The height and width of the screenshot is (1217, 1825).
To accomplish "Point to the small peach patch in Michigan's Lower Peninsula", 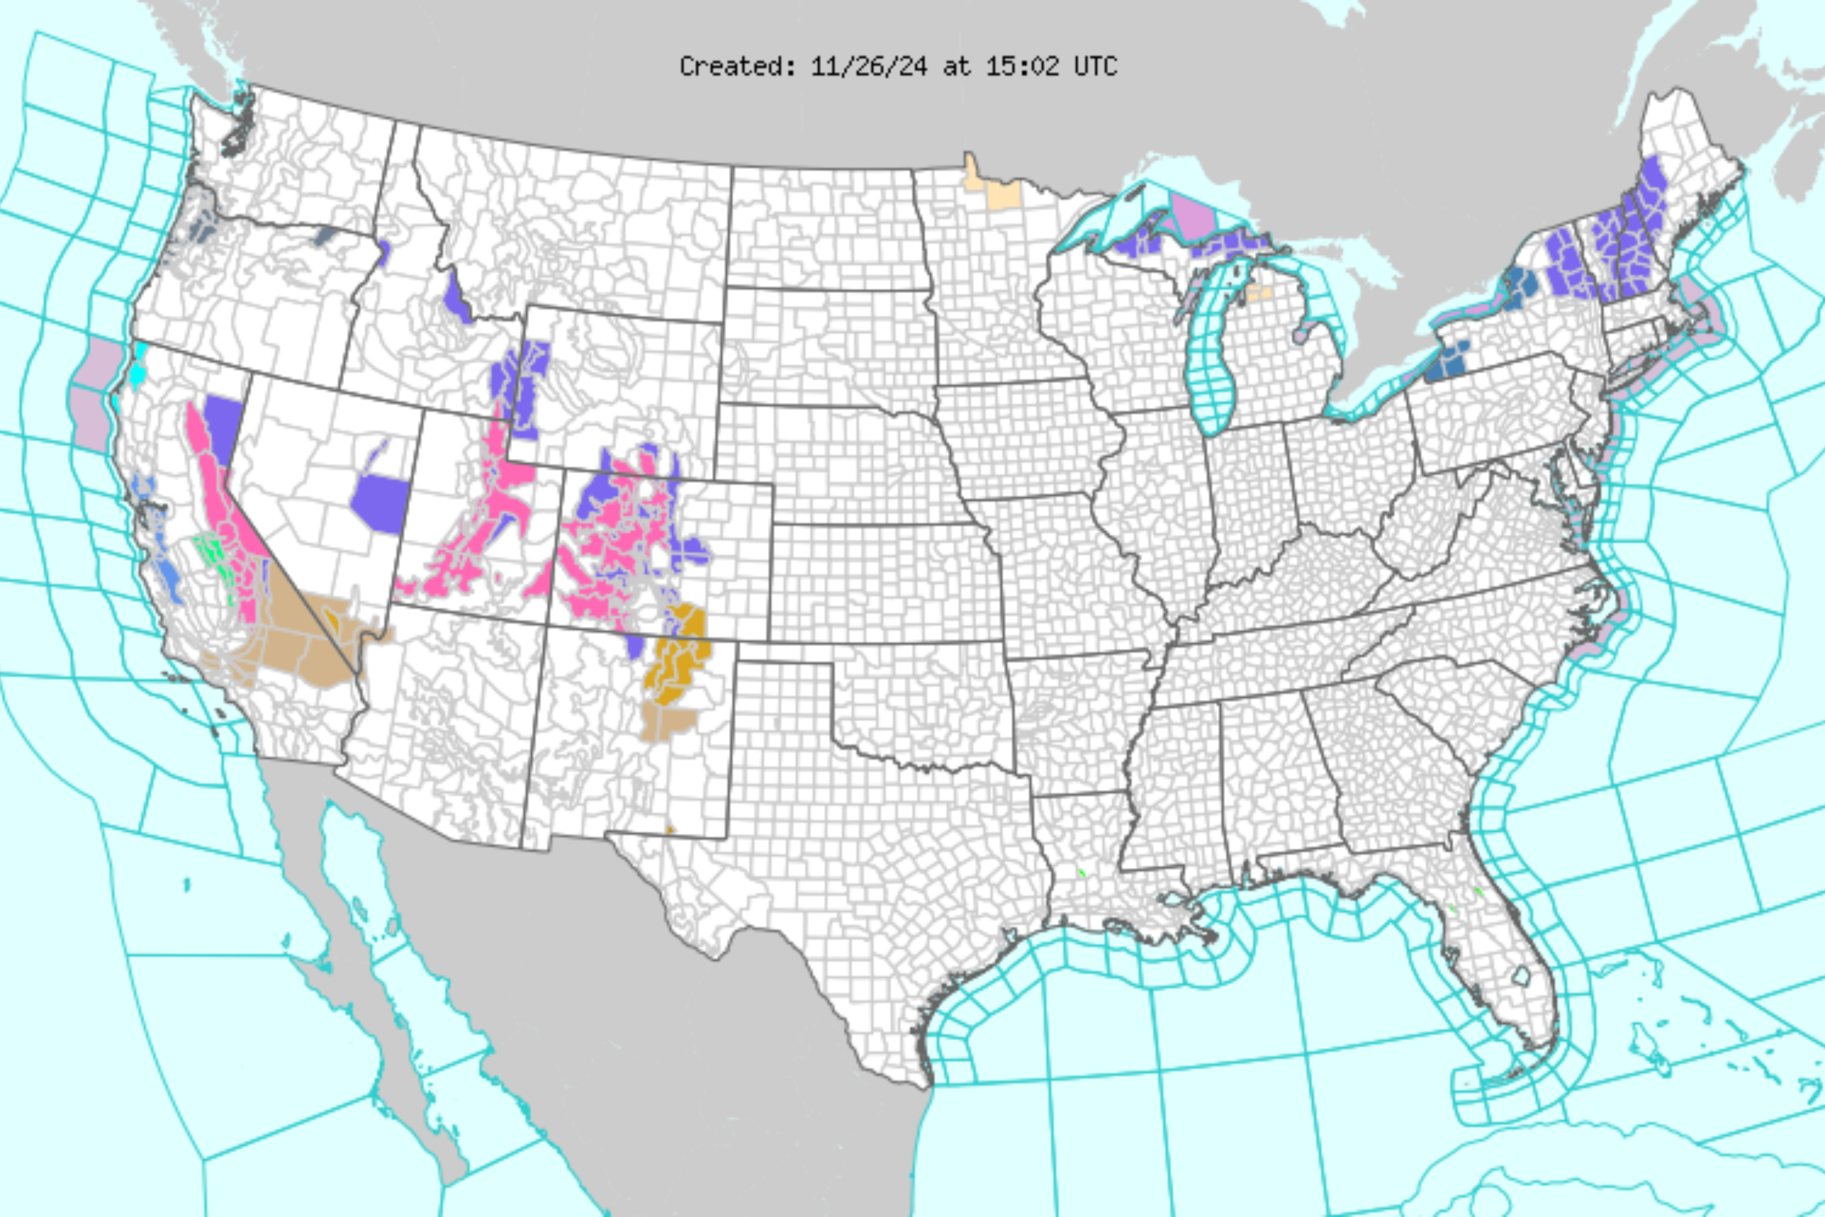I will coord(1259,293).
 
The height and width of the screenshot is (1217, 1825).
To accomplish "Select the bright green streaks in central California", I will coord(211,552).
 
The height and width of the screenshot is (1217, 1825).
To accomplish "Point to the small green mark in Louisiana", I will coord(1080,873).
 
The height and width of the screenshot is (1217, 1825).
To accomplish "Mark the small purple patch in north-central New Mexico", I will coord(634,646).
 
